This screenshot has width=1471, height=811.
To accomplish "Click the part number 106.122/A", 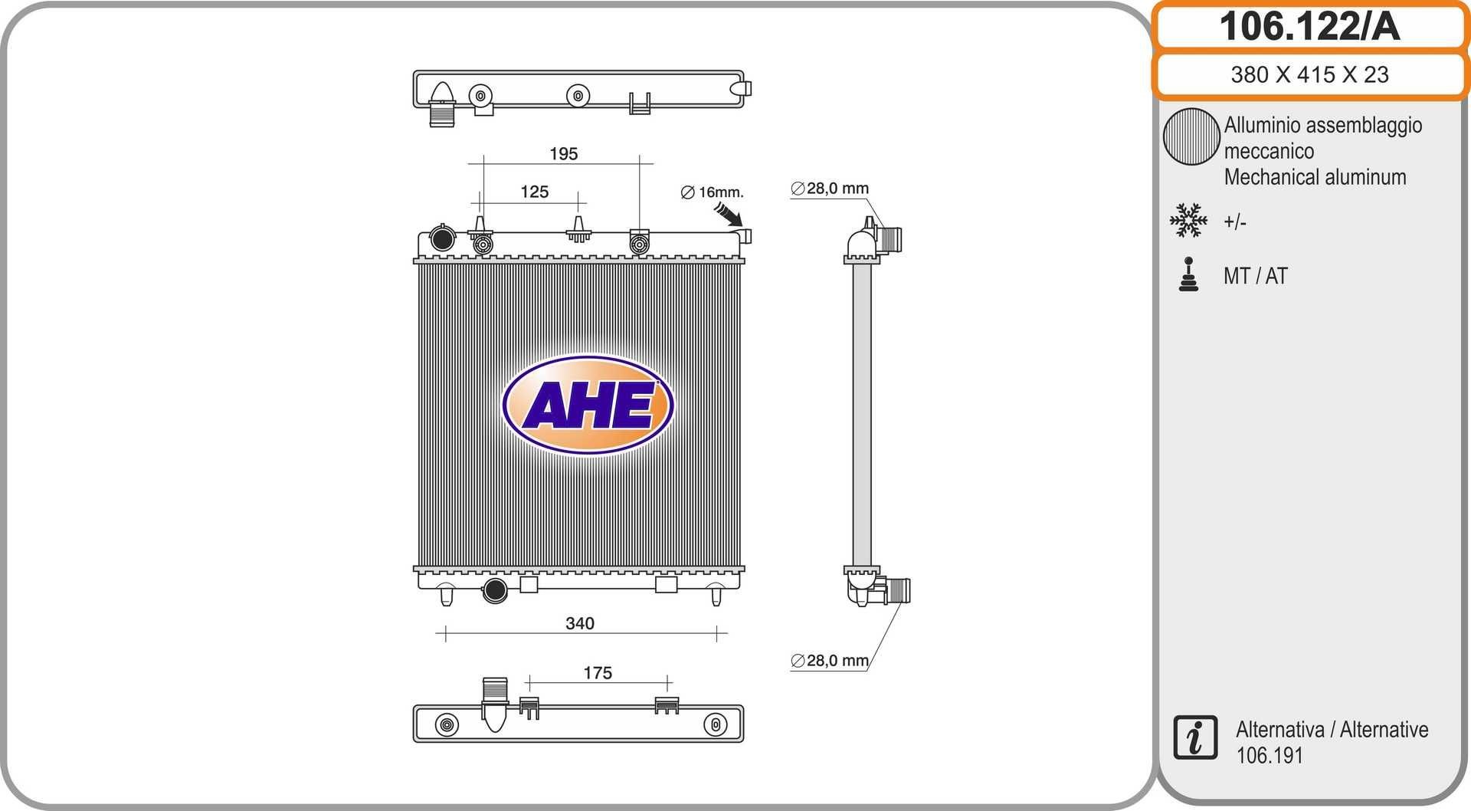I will [x=1309, y=27].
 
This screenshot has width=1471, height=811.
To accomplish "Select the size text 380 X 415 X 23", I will [x=1309, y=74].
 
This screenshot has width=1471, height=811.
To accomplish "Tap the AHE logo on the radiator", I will [x=588, y=405].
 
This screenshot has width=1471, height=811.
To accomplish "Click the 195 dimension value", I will [x=563, y=153].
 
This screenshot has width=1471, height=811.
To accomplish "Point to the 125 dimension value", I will [x=534, y=192].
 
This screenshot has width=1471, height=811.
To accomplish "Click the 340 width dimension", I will [x=579, y=623].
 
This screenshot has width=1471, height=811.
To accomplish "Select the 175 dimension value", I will [x=597, y=672].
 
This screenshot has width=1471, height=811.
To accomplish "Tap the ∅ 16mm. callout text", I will [x=713, y=192].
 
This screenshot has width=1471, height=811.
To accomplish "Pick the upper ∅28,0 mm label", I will [x=830, y=188].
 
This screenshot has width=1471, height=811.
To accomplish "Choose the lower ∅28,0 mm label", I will [x=830, y=660].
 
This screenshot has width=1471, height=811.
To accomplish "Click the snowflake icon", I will [x=1188, y=220].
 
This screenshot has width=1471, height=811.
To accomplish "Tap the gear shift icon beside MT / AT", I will [x=1188, y=275].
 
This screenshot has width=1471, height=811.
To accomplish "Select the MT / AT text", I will [x=1255, y=276].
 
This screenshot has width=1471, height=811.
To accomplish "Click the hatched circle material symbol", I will [x=1191, y=136].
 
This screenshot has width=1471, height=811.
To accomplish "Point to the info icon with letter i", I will [x=1194, y=737].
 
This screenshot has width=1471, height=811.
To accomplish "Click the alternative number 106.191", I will [x=1269, y=755].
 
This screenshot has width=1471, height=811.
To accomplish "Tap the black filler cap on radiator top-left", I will [x=442, y=238].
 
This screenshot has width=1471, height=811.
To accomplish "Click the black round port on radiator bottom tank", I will [x=495, y=590].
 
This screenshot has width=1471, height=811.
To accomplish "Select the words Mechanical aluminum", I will [x=1315, y=177].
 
